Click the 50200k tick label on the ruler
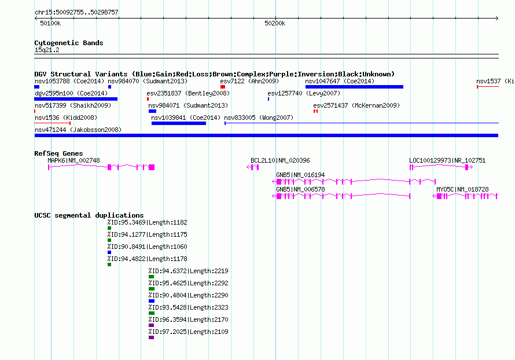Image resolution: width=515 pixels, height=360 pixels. [x=275, y=23]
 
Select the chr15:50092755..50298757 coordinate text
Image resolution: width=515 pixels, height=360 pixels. [x=76, y=12]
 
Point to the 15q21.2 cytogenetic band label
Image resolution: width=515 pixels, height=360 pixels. [x=47, y=50]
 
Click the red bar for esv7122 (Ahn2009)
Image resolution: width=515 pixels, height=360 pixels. [x=223, y=87]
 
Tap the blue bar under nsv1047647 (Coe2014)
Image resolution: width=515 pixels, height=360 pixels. [x=354, y=87]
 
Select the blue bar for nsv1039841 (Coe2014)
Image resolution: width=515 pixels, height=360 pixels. [x=179, y=123]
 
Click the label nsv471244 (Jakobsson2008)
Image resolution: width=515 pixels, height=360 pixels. [x=78, y=130]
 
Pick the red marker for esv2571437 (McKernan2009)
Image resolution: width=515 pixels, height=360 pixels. [x=315, y=111]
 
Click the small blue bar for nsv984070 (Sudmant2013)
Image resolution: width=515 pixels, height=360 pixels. [x=110, y=87]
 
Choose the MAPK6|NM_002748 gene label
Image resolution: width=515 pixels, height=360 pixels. [x=73, y=160]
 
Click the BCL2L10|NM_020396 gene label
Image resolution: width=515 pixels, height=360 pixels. [x=280, y=160]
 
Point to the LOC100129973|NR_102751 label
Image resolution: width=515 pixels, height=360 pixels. [x=447, y=160]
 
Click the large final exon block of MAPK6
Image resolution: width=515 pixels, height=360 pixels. [x=152, y=167]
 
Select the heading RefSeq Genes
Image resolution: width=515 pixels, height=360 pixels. [x=58, y=153]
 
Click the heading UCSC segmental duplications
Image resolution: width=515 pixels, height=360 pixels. [x=89, y=215]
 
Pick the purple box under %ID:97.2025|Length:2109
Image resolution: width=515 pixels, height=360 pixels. [x=151, y=337]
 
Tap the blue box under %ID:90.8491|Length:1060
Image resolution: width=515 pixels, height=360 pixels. [x=109, y=252]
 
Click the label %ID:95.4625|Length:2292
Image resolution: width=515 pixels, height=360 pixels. [x=188, y=283]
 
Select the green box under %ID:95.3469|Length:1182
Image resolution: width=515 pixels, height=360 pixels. [x=109, y=228]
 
